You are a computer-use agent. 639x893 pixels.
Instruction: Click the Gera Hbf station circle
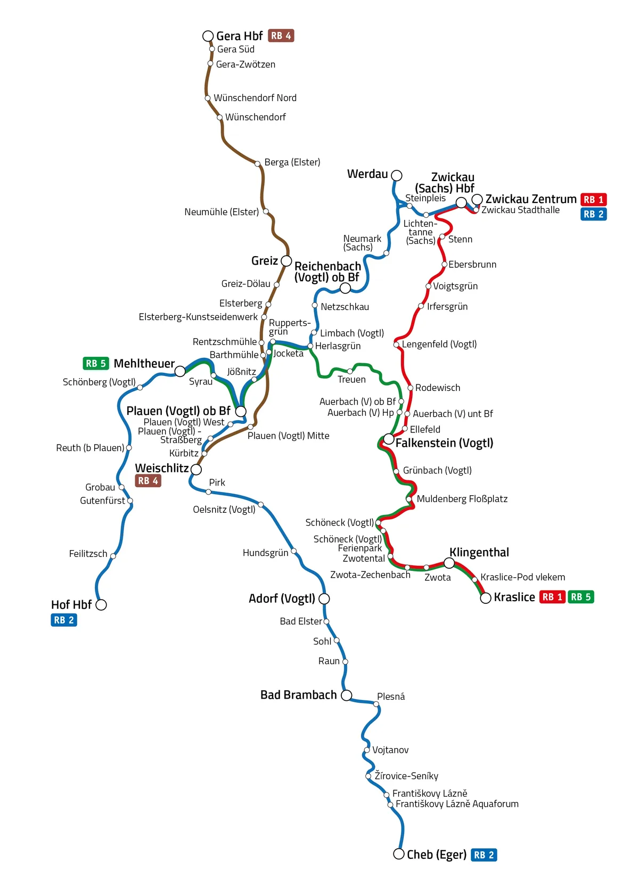[x=208, y=36]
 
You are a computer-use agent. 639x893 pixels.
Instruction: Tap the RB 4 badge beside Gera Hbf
[x=281, y=36]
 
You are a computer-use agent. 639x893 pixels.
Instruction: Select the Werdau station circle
[x=396, y=175]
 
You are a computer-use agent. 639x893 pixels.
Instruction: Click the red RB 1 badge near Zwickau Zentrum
[x=593, y=200]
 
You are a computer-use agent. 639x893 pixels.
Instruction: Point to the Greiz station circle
[x=286, y=261]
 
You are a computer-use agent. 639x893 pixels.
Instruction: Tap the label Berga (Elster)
[x=292, y=162]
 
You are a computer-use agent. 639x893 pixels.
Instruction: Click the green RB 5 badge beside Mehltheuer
[x=96, y=364]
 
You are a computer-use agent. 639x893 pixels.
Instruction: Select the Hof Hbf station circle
[x=101, y=605]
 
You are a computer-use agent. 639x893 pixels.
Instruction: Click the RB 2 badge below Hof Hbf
[x=64, y=620]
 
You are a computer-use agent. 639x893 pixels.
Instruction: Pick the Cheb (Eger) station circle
[x=398, y=854]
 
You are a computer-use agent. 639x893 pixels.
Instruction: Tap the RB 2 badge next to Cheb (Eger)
[x=484, y=855]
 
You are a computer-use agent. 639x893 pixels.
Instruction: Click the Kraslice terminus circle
[x=486, y=599]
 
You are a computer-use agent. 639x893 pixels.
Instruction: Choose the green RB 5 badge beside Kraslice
[x=580, y=597]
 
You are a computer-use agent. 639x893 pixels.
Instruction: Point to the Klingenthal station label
[x=479, y=552]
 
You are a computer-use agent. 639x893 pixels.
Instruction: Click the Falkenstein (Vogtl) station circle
[x=389, y=439]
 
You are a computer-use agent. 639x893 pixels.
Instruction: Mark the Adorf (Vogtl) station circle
[x=324, y=599]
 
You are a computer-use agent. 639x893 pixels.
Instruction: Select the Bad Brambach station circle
[x=346, y=695]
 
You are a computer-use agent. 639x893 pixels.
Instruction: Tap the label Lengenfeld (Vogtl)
[x=439, y=345]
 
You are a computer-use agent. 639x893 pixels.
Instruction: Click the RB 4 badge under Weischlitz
[x=148, y=481]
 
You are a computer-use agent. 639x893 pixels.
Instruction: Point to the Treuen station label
[x=351, y=380]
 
